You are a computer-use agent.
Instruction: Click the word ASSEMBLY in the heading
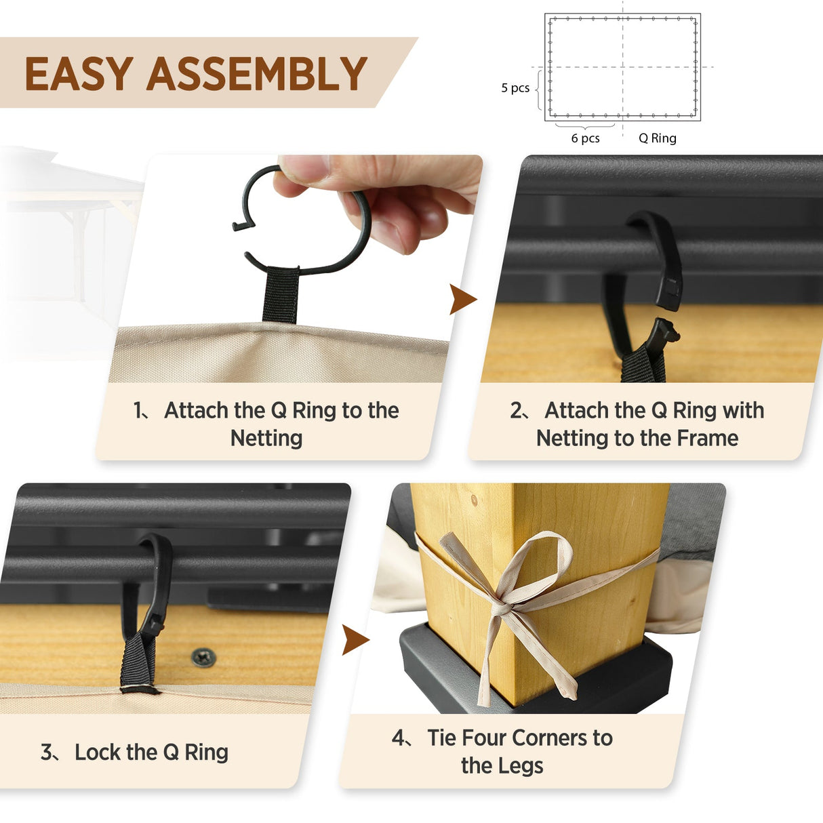(x=257, y=74)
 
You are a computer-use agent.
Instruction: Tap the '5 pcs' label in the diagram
(x=515, y=88)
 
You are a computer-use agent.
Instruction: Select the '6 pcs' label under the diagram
(x=585, y=138)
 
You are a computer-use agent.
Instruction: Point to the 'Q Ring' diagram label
(x=657, y=138)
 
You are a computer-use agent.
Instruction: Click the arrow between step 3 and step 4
(x=355, y=640)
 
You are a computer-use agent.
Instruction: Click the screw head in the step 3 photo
(x=203, y=656)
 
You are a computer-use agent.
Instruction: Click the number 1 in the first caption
(x=139, y=411)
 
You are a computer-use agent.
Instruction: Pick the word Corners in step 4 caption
(x=542, y=738)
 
